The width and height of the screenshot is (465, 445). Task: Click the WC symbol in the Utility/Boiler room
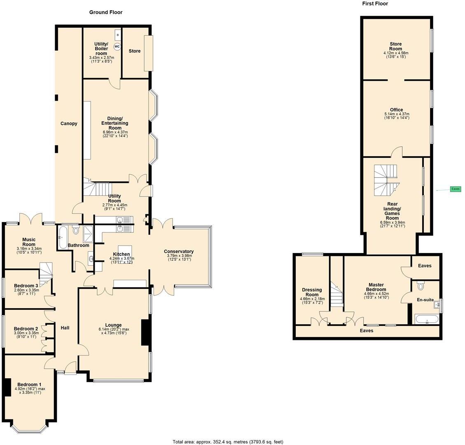[117, 47]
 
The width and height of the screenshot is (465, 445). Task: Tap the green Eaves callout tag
[455, 189]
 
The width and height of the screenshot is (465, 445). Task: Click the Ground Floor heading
[106, 12]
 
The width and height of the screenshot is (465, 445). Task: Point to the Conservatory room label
[179, 251]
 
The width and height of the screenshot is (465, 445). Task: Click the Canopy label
[69, 124]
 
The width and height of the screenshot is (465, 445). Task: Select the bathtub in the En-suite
[427, 319]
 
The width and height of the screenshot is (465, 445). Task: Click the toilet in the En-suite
[421, 286]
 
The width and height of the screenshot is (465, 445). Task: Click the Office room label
[396, 110]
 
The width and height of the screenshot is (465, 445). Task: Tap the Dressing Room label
[312, 292]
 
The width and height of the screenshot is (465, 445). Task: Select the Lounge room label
[113, 325]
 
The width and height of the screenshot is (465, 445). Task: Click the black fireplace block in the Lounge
[145, 332]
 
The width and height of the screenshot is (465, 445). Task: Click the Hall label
[65, 328]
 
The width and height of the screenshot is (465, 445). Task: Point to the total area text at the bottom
[228, 442]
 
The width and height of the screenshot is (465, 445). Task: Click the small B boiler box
[117, 35]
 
